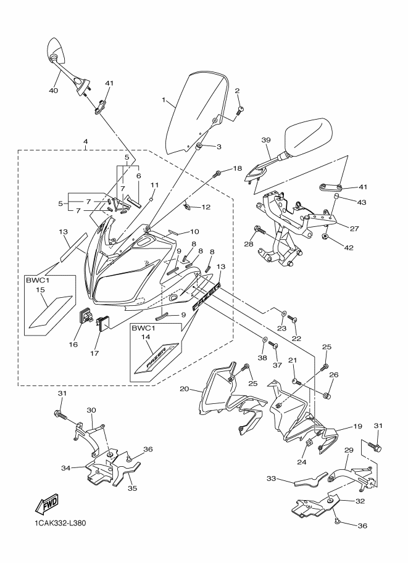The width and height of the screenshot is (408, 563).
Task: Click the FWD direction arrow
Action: point(47,506)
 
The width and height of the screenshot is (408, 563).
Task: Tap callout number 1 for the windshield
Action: point(164,99)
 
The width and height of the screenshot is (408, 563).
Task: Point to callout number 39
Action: point(266,141)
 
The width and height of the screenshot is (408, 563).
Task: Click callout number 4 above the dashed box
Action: point(85,142)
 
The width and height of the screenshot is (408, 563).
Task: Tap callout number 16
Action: point(73,344)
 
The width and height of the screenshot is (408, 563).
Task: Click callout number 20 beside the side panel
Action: point(183,388)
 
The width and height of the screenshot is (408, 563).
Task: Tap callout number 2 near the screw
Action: point(236,91)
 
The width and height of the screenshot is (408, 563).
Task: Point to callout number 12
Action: point(206,207)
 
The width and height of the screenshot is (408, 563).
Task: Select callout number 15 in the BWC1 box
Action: point(40,290)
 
